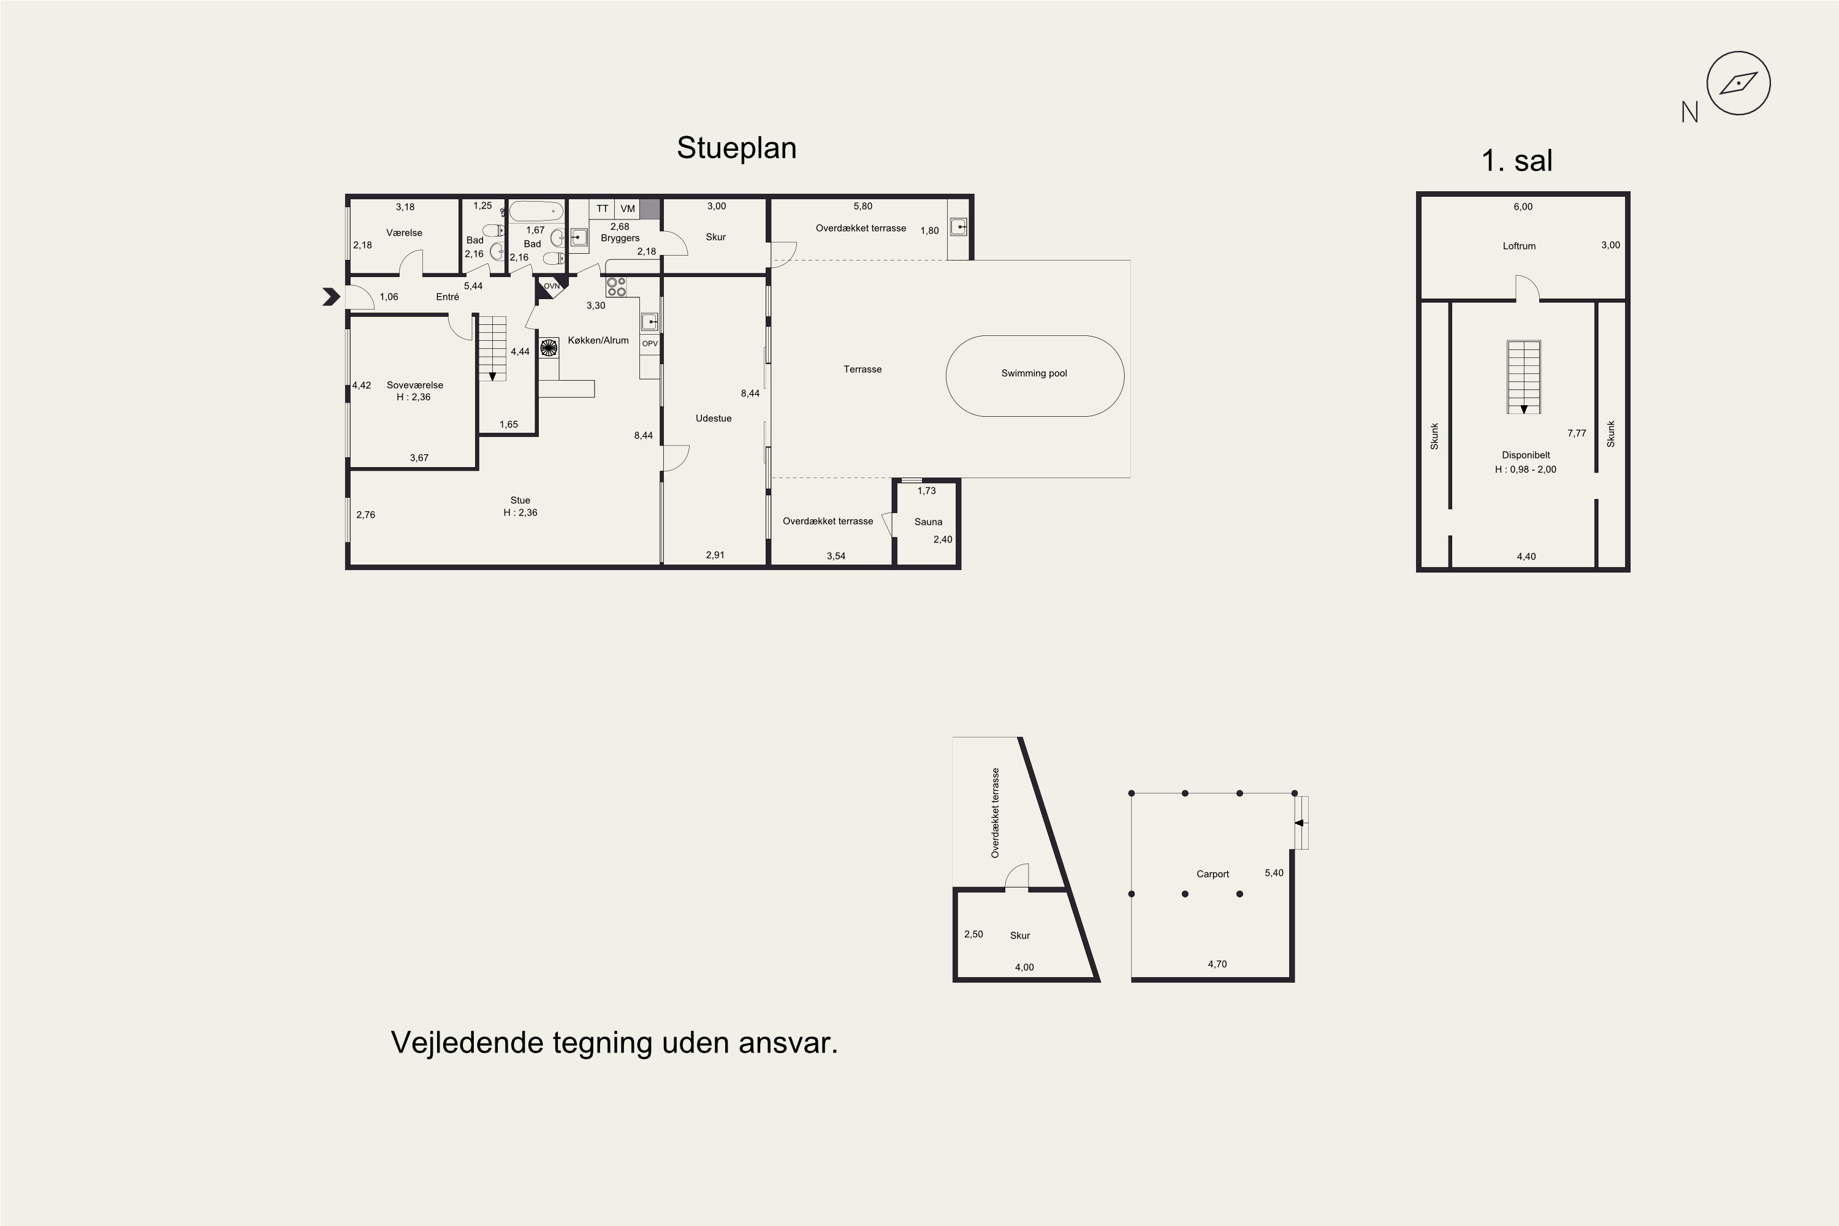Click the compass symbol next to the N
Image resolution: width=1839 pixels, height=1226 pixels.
pos(1738,83)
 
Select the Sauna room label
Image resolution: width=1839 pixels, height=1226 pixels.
pos(928,522)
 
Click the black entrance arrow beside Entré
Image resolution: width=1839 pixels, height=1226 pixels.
pos(332,297)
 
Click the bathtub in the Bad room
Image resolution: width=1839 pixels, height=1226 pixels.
pos(536,211)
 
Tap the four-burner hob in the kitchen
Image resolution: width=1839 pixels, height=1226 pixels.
pos(616,287)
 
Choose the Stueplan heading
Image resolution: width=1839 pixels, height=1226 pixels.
pos(737,148)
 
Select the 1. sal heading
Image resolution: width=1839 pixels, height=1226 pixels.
pos(1517,161)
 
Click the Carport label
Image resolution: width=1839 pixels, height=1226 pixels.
pos(1213,874)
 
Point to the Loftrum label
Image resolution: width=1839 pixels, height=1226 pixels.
pos(1519,246)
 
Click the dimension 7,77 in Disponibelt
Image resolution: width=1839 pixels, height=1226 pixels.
pos(1576,433)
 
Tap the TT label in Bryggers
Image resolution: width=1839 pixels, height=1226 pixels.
pos(602,209)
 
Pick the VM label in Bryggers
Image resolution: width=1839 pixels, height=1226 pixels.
pos(628,209)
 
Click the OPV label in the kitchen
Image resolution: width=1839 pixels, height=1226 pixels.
pos(650,344)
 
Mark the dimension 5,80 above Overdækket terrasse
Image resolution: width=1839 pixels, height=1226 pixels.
pos(862,207)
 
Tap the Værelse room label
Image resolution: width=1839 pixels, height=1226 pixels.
pos(404,233)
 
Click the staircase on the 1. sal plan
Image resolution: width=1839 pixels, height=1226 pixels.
pos(1524,377)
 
